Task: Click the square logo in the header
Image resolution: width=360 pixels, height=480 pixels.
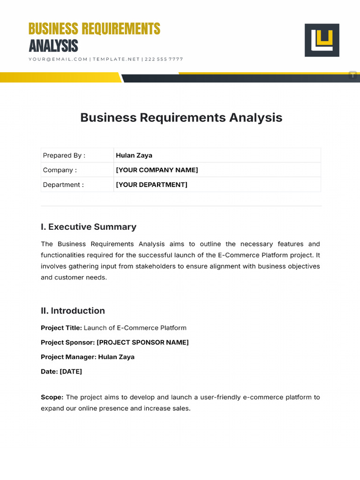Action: (x=322, y=40)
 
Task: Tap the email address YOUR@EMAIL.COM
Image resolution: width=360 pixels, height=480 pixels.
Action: (x=58, y=59)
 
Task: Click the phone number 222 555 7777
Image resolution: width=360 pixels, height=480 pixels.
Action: (x=164, y=59)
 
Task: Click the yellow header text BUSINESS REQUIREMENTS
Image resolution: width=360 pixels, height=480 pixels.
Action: (x=94, y=29)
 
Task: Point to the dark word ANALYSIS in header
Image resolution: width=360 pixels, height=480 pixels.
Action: (x=53, y=46)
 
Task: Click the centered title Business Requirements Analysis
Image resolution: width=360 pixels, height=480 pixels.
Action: (x=181, y=117)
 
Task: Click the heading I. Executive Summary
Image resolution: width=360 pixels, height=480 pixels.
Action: (x=89, y=227)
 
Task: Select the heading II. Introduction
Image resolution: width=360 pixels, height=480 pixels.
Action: (x=73, y=311)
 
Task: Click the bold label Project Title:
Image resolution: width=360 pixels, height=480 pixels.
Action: (x=61, y=328)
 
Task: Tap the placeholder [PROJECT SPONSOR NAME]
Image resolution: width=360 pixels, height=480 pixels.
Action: (x=142, y=342)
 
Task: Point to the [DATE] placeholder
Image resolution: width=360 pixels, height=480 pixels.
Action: (x=71, y=371)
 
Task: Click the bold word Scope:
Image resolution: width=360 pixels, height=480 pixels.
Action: (x=52, y=397)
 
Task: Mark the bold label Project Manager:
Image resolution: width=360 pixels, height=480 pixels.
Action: (x=68, y=357)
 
